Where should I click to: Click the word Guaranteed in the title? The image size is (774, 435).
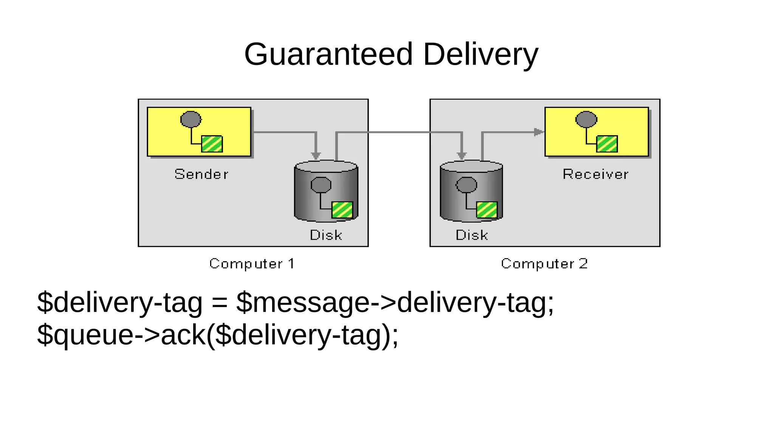click(x=328, y=54)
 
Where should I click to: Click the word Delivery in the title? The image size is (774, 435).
click(x=480, y=54)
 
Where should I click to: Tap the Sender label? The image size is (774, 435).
click(x=201, y=174)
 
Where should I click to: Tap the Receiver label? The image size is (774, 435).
click(x=595, y=174)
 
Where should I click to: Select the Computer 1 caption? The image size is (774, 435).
click(x=252, y=264)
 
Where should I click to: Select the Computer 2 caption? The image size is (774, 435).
click(x=544, y=264)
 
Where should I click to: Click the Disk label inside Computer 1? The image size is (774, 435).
click(x=326, y=235)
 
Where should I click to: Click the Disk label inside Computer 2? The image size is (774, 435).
click(x=472, y=235)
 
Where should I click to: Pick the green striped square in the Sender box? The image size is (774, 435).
click(x=212, y=144)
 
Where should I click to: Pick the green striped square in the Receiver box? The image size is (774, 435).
click(x=607, y=144)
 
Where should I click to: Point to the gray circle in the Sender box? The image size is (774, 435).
click(x=191, y=119)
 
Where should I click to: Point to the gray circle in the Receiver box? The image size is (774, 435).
click(x=586, y=119)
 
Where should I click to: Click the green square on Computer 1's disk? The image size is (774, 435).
click(x=342, y=210)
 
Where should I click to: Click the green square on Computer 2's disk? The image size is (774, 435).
click(x=487, y=210)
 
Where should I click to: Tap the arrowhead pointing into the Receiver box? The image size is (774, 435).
click(x=539, y=132)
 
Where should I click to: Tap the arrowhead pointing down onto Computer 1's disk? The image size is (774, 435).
click(x=316, y=156)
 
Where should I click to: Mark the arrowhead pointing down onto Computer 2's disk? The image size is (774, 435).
click(x=461, y=156)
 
